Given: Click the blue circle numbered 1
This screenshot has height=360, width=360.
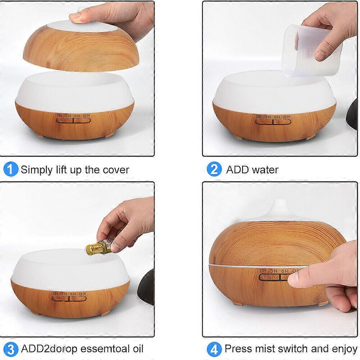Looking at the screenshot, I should pos(11,169).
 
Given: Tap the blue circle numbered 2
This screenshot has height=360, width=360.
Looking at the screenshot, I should pos(214,169).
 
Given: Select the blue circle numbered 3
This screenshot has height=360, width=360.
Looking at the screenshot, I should pos(11,349).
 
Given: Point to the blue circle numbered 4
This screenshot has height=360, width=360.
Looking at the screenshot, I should pos(214,349).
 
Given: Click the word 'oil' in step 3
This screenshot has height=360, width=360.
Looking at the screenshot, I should pos(136,348).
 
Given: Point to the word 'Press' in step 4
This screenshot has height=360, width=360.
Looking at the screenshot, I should pos(237,348).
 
